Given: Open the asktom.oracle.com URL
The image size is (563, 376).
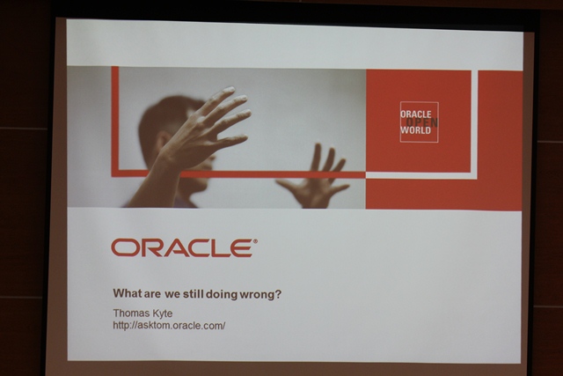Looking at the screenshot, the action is pos(169,325).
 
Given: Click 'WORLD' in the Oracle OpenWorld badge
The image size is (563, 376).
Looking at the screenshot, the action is pos(416,130).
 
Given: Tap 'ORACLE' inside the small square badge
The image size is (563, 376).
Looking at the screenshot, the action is pos(416,114).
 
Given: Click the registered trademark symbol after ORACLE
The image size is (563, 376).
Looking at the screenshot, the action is pos(255,241).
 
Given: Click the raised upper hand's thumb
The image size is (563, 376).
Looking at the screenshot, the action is pos(231,140).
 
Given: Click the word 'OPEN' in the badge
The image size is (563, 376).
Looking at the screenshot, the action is pos(422,122).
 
